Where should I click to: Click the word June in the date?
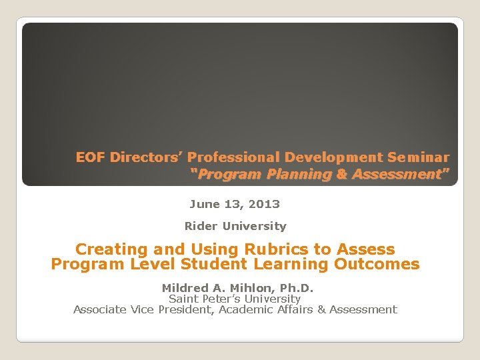pyautogui.click(x=204, y=204)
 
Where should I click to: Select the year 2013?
pyautogui.click(x=265, y=204)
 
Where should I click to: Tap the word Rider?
pyautogui.click(x=201, y=226)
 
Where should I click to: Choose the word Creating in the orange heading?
pyautogui.click(x=111, y=249)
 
